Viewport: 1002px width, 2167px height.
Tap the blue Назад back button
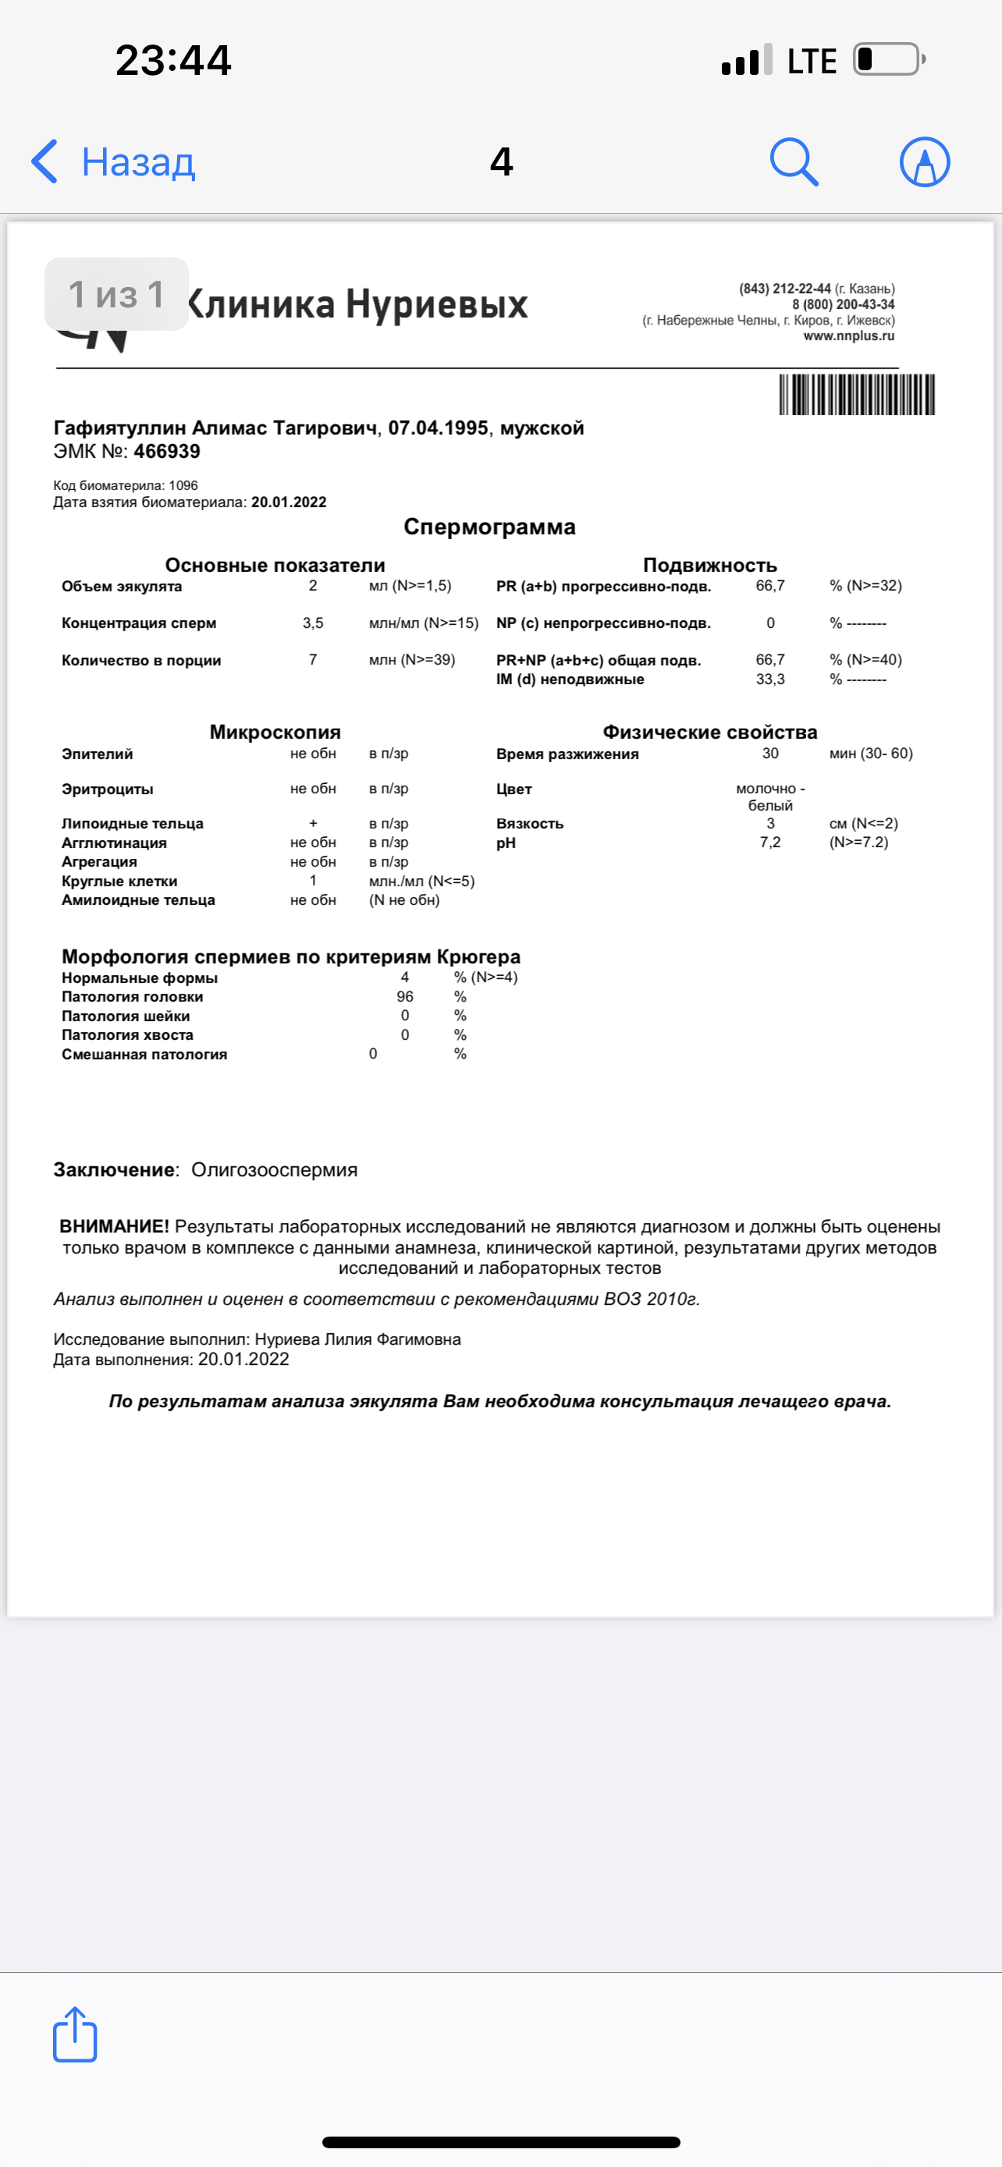point(114,161)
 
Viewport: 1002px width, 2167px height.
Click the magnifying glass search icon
point(794,161)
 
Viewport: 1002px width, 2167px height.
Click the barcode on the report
point(856,395)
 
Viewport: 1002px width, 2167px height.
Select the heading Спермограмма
point(489,527)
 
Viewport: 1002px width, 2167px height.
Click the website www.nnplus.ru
point(848,335)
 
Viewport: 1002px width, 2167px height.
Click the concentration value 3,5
point(313,623)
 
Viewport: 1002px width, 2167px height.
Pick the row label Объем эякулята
point(121,587)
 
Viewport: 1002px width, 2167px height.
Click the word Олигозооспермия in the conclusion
point(274,1169)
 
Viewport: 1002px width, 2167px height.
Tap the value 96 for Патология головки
point(405,996)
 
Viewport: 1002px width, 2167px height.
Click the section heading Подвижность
point(709,566)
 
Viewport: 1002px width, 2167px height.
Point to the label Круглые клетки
point(119,881)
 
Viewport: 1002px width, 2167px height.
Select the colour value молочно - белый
point(769,796)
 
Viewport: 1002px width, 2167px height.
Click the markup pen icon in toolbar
point(925,161)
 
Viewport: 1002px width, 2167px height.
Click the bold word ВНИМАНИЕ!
point(115,1226)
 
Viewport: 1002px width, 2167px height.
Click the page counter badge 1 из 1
point(116,294)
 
